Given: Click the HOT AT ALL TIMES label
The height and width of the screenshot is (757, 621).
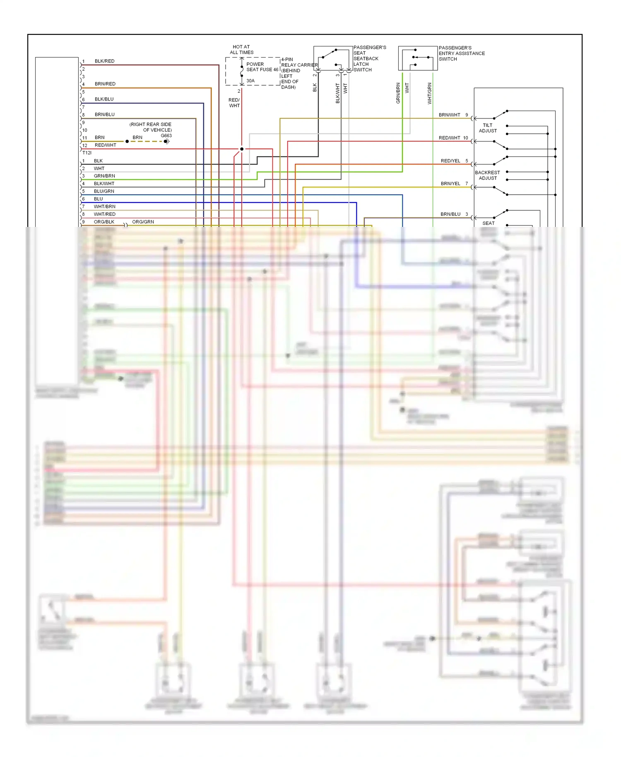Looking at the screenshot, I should [x=241, y=50].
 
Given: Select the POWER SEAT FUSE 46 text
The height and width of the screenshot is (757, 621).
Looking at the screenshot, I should [x=262, y=67].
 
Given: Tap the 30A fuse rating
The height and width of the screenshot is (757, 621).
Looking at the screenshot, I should [x=250, y=81].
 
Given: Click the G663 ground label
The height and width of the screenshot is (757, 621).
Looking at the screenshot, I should [x=166, y=136].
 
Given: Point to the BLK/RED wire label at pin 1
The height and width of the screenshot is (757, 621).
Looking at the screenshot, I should [x=104, y=61].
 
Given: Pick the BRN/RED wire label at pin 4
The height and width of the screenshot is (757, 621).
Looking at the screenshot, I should [x=105, y=84].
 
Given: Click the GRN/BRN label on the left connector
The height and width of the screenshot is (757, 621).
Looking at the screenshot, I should [x=104, y=176].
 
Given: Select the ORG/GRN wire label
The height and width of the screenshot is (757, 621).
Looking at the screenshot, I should [x=143, y=222].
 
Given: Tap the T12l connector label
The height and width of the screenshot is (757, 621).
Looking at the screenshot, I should [x=87, y=153].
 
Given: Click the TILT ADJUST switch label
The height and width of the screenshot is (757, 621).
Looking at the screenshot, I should [x=488, y=128].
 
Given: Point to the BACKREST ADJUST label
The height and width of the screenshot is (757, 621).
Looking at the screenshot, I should [x=487, y=175].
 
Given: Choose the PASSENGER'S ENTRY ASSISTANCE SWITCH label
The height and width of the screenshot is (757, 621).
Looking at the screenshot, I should [x=461, y=53].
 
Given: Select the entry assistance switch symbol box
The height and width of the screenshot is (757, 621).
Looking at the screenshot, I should [x=417, y=58].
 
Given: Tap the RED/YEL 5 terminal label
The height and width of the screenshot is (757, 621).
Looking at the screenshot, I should [x=454, y=161].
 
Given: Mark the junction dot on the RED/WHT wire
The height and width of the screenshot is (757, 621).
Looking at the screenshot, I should [x=242, y=149].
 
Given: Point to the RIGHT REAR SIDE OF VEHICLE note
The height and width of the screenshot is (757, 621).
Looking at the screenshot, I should [x=150, y=127].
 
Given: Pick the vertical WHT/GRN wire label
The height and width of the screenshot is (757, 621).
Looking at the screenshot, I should [x=429, y=93].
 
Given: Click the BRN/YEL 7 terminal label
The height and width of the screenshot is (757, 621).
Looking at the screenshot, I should [x=454, y=183].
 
